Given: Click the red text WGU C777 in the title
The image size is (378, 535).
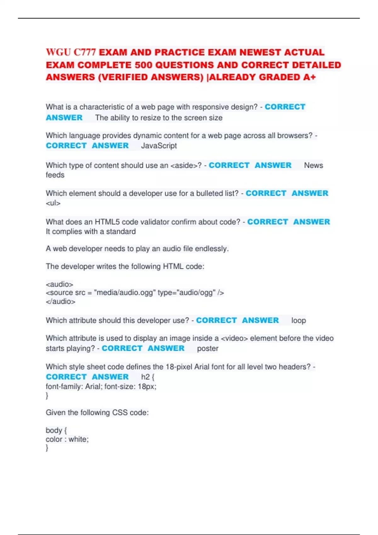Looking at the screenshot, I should coord(71,52).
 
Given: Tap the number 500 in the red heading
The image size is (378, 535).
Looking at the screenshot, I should coord(143,65).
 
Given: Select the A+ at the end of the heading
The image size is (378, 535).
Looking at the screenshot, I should coord(309,77).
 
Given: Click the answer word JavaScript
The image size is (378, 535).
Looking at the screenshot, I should coord(159,146).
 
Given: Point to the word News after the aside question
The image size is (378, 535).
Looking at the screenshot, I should coord(313,165).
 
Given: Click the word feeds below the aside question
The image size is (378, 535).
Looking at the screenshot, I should coord(55,175).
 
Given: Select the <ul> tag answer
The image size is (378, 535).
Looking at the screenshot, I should coord(53,203).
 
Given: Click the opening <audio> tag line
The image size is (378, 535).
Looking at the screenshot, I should coord(60,284).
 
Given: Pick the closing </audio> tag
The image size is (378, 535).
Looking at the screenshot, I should coord(60,301).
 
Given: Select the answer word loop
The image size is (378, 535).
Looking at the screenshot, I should coord(299,320).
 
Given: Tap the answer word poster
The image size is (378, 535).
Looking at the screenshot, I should coord(208,348).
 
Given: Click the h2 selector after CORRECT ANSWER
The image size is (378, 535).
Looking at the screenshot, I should coord(145,377).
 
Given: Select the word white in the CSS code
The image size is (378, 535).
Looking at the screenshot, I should coord(78,439).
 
